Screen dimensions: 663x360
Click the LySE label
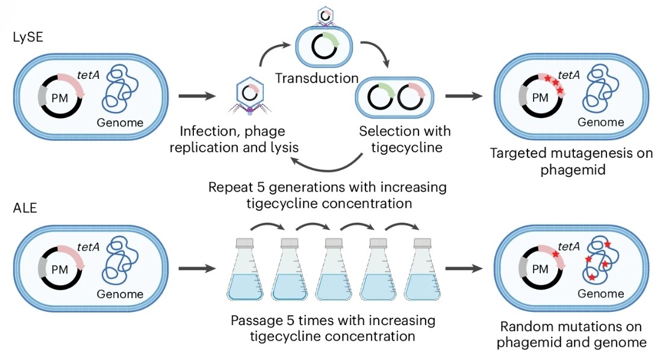28,37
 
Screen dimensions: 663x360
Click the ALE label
25,208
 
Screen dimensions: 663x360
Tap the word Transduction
317,78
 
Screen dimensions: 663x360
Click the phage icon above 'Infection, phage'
249,96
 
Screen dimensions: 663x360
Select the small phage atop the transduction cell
325,16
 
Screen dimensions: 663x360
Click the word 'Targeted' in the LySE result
518,153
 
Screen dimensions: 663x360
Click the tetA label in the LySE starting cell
89,75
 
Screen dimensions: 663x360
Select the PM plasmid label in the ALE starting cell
60,270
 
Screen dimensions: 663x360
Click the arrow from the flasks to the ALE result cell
464,268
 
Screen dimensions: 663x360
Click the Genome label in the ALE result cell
601,294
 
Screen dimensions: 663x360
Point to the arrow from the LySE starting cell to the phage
197,96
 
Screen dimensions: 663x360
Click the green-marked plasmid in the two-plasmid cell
381,97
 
